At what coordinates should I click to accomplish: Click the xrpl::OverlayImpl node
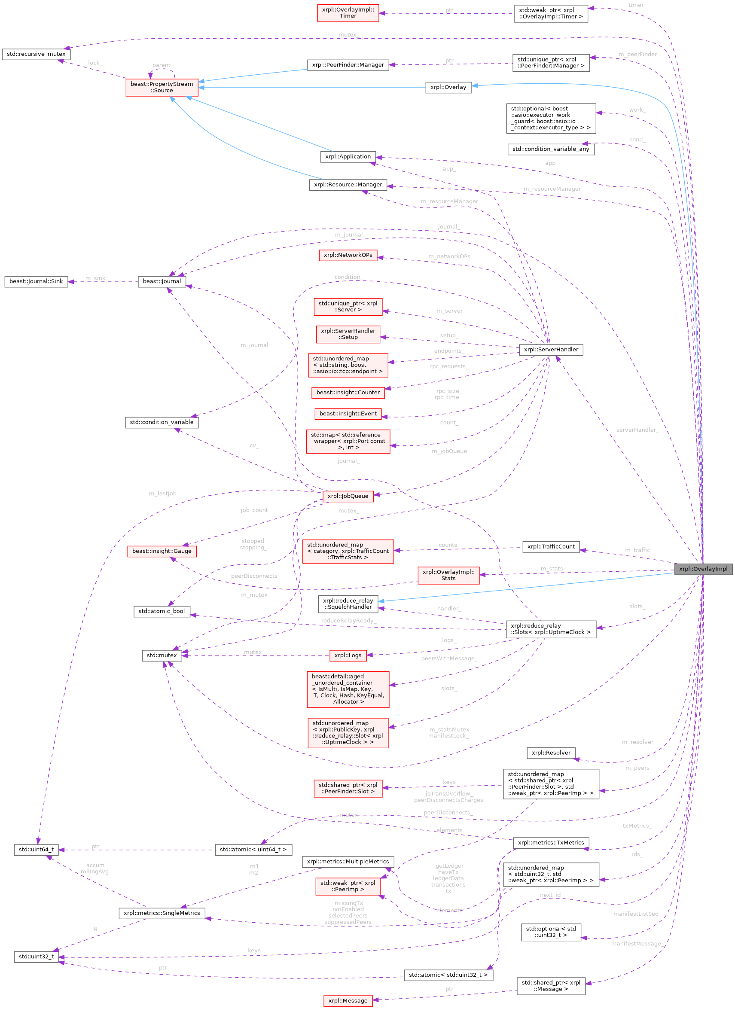click(703, 569)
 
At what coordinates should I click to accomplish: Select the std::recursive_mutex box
click(36, 54)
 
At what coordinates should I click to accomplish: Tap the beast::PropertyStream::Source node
click(162, 87)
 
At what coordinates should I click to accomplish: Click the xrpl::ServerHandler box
click(551, 349)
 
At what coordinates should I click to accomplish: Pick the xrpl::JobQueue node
click(348, 496)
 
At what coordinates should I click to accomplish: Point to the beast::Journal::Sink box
click(36, 281)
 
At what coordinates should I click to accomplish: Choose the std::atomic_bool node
click(162, 611)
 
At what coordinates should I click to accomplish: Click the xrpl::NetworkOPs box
click(348, 255)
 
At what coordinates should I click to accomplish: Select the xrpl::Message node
click(348, 1000)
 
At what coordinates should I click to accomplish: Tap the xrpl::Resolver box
click(551, 753)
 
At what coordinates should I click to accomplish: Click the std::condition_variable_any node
click(550, 149)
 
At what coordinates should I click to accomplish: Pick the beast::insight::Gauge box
click(162, 551)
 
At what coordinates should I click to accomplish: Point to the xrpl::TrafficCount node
click(551, 546)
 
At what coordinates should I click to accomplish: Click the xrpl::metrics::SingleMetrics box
click(162, 913)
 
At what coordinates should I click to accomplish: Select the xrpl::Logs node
click(348, 655)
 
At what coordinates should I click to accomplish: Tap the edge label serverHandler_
click(637, 430)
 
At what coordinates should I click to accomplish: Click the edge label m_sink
click(95, 278)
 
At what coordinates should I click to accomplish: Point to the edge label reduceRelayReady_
click(348, 621)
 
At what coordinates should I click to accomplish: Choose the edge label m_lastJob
click(162, 494)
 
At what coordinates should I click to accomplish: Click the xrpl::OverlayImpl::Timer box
click(348, 13)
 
